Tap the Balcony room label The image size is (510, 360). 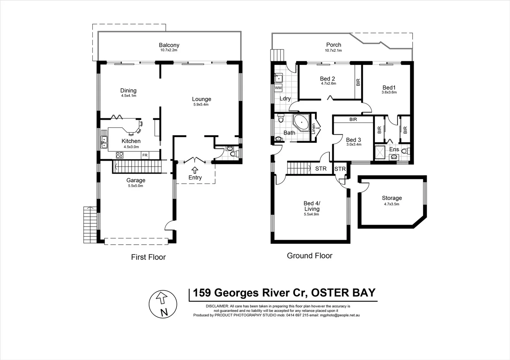(169, 45)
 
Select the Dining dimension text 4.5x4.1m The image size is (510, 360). (128, 96)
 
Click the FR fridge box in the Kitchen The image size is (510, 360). (145, 155)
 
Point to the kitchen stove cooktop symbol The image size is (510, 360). (120, 155)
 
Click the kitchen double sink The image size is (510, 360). (104, 142)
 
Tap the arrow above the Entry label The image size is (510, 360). (195, 170)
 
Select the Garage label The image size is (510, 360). (136, 180)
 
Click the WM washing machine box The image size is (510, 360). (278, 88)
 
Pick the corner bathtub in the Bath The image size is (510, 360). (301, 122)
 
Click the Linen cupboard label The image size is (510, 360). (314, 129)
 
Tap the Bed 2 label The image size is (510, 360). (327, 79)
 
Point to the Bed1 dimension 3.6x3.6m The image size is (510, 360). (389, 92)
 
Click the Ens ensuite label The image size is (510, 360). (394, 149)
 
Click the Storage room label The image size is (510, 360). (392, 198)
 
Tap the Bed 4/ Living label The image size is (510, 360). (312, 206)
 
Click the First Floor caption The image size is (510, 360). (148, 257)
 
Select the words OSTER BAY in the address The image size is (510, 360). (343, 293)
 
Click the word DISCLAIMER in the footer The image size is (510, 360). (217, 306)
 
